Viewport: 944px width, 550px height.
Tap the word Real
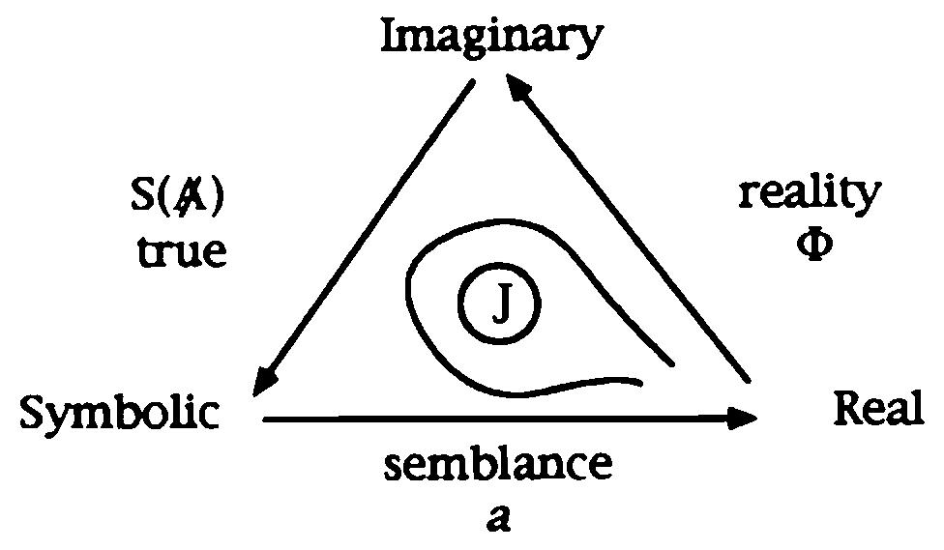point(878,410)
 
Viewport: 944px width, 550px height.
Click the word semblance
point(498,465)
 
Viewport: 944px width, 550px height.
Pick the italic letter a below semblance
point(499,517)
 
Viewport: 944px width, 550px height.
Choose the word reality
point(811,195)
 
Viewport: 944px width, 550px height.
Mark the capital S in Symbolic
point(35,414)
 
